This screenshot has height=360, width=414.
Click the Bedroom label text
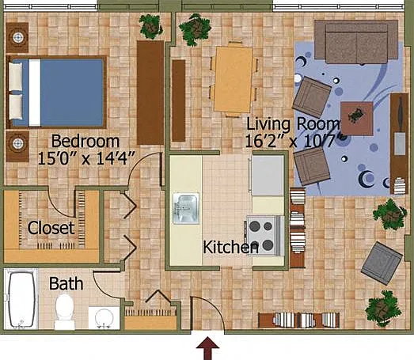85,142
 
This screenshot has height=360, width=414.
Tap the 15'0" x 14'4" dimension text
86,158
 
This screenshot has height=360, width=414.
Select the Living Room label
293,123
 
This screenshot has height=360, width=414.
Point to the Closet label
51,228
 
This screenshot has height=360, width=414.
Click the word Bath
66,283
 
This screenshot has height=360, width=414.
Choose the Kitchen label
230,248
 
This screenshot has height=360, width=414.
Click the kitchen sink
186,209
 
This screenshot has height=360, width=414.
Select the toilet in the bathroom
64,312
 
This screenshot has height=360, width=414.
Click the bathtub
21,299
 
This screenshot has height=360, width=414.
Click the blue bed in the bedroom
56,92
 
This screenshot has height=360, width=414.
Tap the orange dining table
234,79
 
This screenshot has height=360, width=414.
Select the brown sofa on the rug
356,42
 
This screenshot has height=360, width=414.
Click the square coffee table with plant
357,119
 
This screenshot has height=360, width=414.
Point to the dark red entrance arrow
207,348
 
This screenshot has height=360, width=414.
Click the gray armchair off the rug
382,263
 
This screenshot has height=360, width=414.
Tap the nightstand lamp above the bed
18,37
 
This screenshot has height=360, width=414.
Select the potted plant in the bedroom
150,26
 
